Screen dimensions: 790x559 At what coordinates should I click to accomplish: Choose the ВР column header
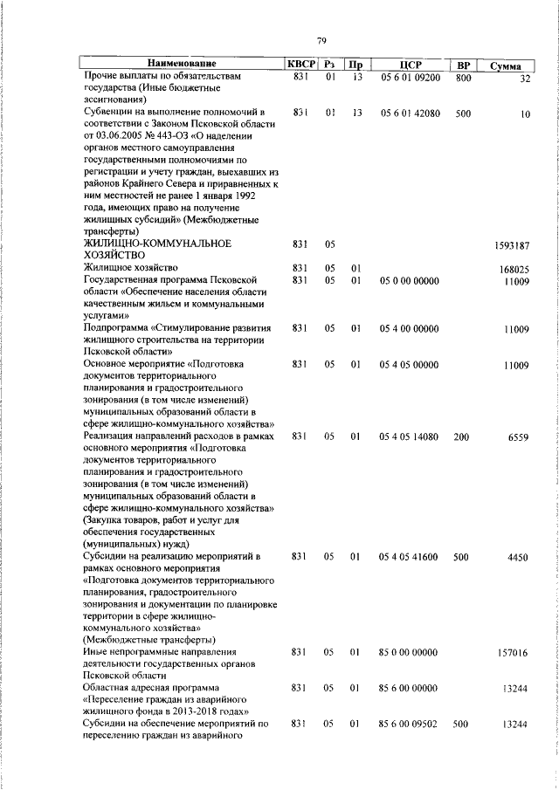pos(463,65)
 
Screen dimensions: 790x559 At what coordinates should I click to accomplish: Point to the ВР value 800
pos(463,78)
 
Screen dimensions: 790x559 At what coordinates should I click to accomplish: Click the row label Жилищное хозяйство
pos(131,267)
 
